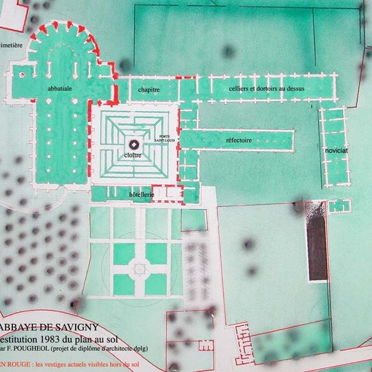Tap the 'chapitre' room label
(149, 90)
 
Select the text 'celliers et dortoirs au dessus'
(267, 88)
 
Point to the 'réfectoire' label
(239, 140)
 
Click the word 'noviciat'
(337, 151)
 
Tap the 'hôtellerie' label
(141, 195)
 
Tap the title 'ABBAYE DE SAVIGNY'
(46, 328)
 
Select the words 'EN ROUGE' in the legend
(14, 365)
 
